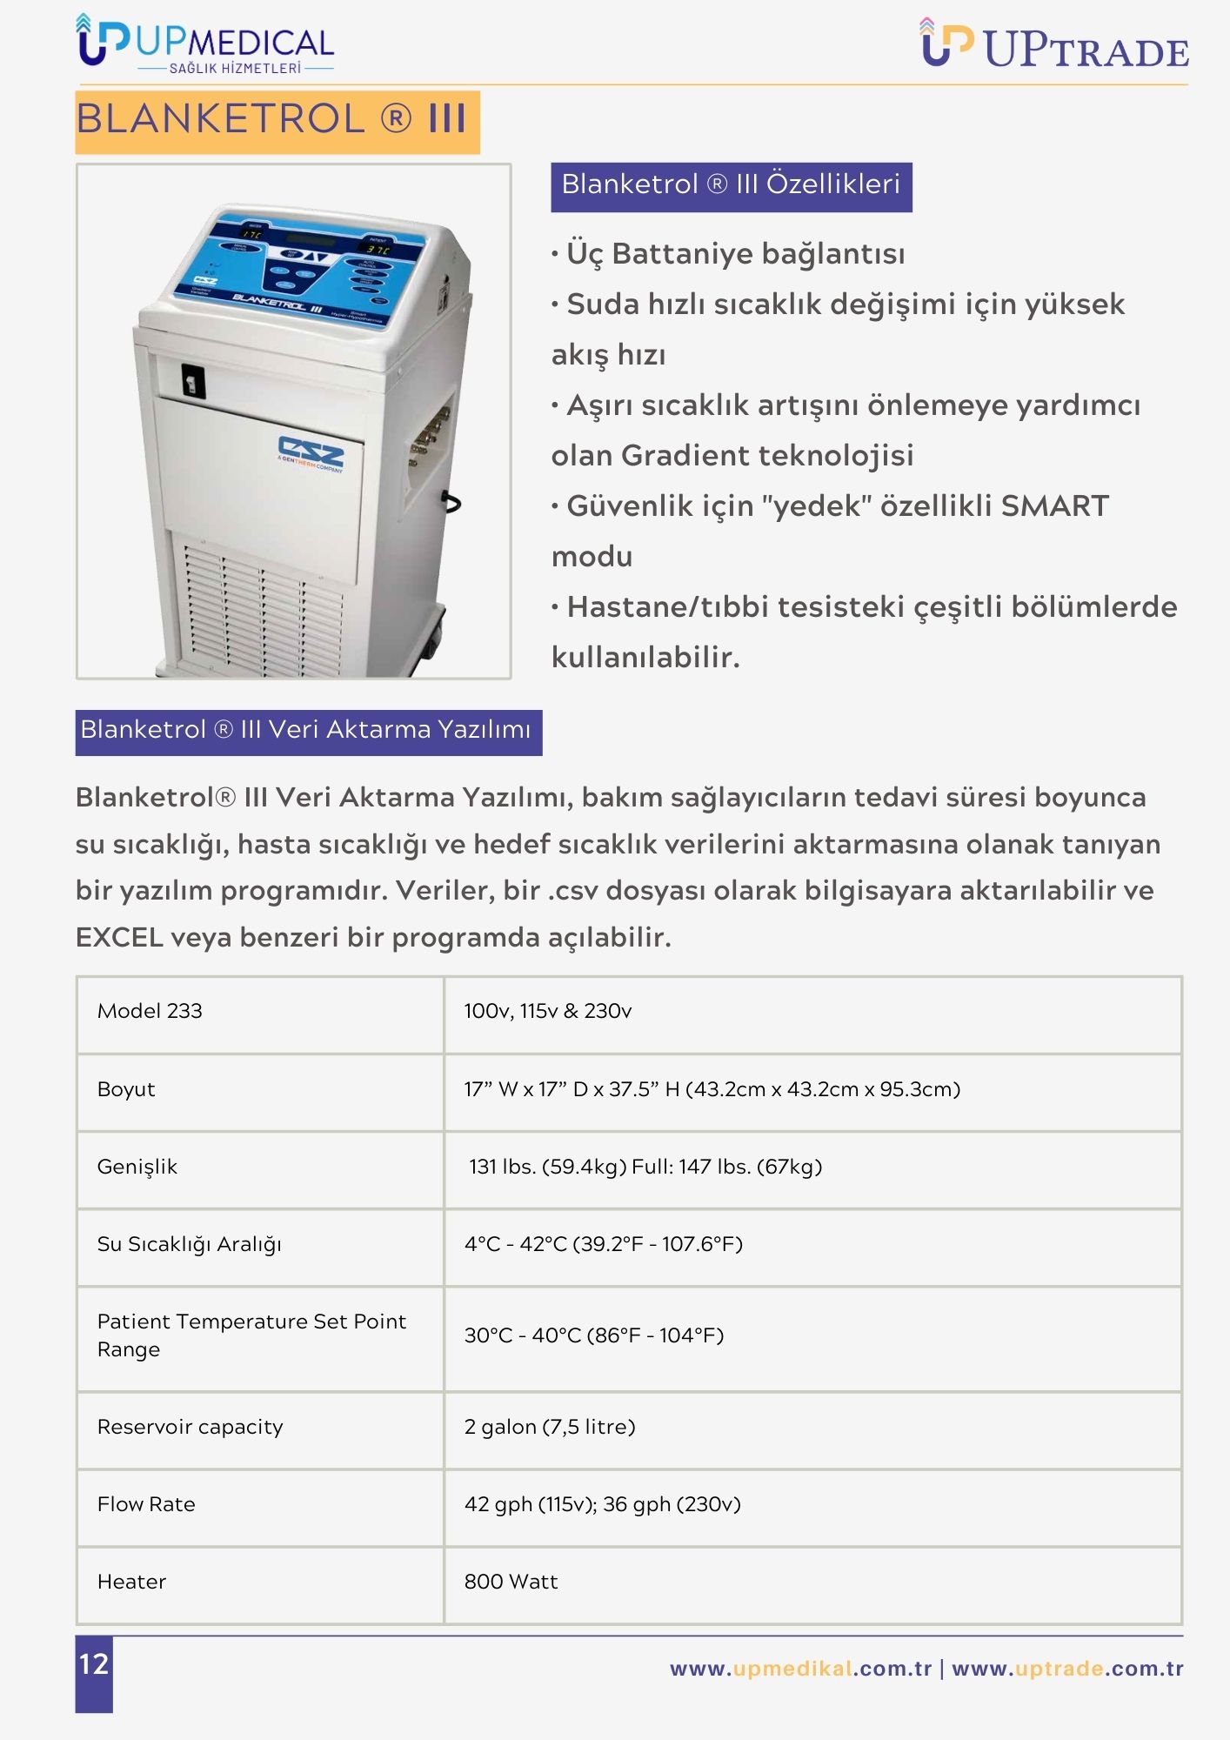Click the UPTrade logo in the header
click(x=1054, y=45)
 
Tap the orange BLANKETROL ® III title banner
click(x=277, y=120)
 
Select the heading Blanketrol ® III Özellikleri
click(x=731, y=185)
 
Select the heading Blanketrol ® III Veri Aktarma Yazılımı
click(x=308, y=731)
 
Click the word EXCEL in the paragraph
click(x=119, y=938)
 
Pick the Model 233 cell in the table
click(x=150, y=1011)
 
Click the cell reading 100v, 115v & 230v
click(x=548, y=1011)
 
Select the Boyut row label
click(x=126, y=1089)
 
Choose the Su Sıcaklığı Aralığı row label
click(x=189, y=1244)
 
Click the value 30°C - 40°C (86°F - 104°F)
click(x=594, y=1335)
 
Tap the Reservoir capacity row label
click(x=190, y=1427)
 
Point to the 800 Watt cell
click(x=511, y=1582)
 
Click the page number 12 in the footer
click(x=94, y=1664)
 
